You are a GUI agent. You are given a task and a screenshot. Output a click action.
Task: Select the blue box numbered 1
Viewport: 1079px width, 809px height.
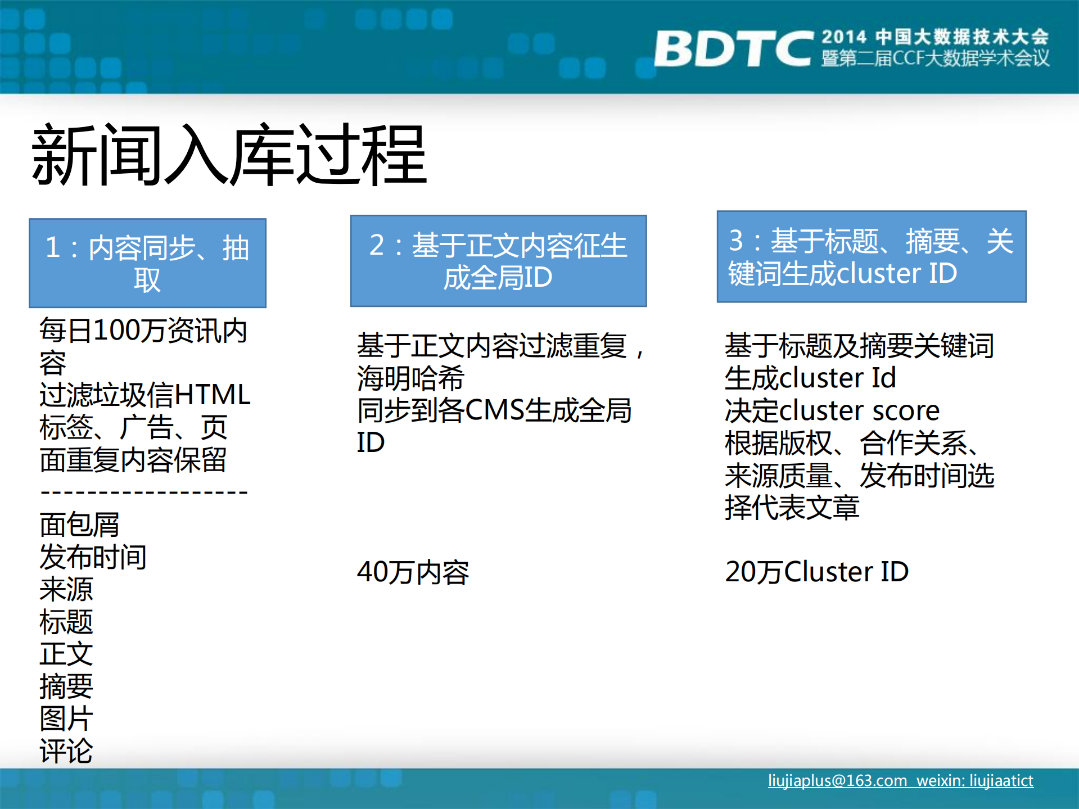[147, 263]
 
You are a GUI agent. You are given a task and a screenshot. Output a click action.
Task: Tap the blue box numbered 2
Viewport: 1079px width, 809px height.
[498, 261]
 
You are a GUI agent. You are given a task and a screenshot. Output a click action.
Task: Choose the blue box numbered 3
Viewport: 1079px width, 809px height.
[871, 257]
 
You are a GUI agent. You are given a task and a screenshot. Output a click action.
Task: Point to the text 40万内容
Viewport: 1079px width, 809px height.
[413, 572]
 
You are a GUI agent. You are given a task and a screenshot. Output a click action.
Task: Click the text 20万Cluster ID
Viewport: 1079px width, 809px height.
[816, 572]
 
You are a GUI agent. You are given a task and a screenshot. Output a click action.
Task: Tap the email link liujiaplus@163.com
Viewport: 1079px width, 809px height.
[837, 781]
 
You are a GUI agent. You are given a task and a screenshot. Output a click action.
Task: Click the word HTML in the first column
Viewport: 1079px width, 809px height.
[213, 395]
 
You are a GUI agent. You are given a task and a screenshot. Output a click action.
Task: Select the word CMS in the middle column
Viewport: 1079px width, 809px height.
[494, 410]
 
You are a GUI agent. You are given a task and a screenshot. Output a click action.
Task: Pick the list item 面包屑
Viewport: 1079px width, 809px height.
[79, 525]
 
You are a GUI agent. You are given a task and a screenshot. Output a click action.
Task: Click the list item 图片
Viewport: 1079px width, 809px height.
[66, 718]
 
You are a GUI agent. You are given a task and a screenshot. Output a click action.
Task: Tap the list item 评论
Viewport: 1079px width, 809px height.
[66, 751]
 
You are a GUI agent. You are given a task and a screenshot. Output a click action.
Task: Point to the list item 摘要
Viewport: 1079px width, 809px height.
[66, 686]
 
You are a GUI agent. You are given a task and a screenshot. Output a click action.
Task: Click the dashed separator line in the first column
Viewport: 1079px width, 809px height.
[144, 493]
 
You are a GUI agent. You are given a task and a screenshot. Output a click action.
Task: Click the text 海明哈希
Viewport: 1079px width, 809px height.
[410, 378]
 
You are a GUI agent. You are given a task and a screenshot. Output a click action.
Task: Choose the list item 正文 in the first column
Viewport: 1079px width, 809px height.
[66, 654]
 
